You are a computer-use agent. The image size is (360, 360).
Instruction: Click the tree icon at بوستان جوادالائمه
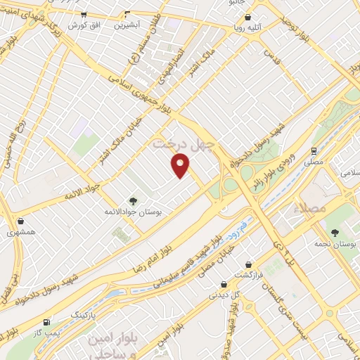coord(131,201)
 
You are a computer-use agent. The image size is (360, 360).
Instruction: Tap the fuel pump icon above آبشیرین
coord(127,14)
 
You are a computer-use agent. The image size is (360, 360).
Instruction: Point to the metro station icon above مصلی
coord(313,150)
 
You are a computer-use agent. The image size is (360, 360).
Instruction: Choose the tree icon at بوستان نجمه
coord(333,232)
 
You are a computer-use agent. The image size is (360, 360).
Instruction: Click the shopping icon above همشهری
coord(20,221)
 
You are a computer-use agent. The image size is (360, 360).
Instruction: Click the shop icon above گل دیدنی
coord(224,284)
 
